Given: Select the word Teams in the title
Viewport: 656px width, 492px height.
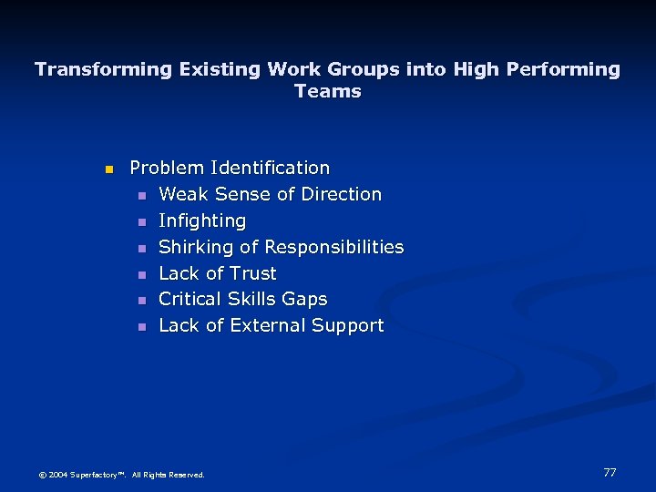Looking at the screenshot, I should [328, 91].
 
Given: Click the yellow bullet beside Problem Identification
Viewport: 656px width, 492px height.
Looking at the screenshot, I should [108, 169].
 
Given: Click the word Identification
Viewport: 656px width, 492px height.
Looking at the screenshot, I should [270, 168].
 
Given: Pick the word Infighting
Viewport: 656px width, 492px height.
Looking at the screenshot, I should [202, 220].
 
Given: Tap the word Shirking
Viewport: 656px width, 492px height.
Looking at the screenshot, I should [196, 247].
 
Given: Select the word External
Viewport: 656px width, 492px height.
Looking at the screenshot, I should [268, 325].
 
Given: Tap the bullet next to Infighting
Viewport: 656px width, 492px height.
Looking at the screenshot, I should [141, 222].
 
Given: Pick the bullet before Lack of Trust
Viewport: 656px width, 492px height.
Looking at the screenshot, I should [141, 274].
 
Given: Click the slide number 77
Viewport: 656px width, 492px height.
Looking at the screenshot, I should [610, 472].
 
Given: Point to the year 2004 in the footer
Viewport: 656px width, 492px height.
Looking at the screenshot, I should [56, 475].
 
